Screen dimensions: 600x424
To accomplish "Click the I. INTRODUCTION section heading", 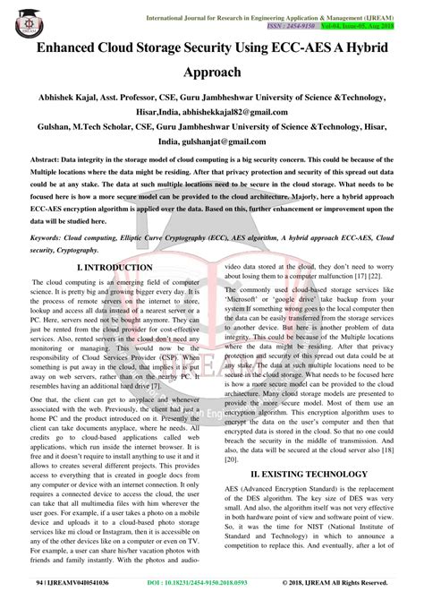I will (x=115, y=267).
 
